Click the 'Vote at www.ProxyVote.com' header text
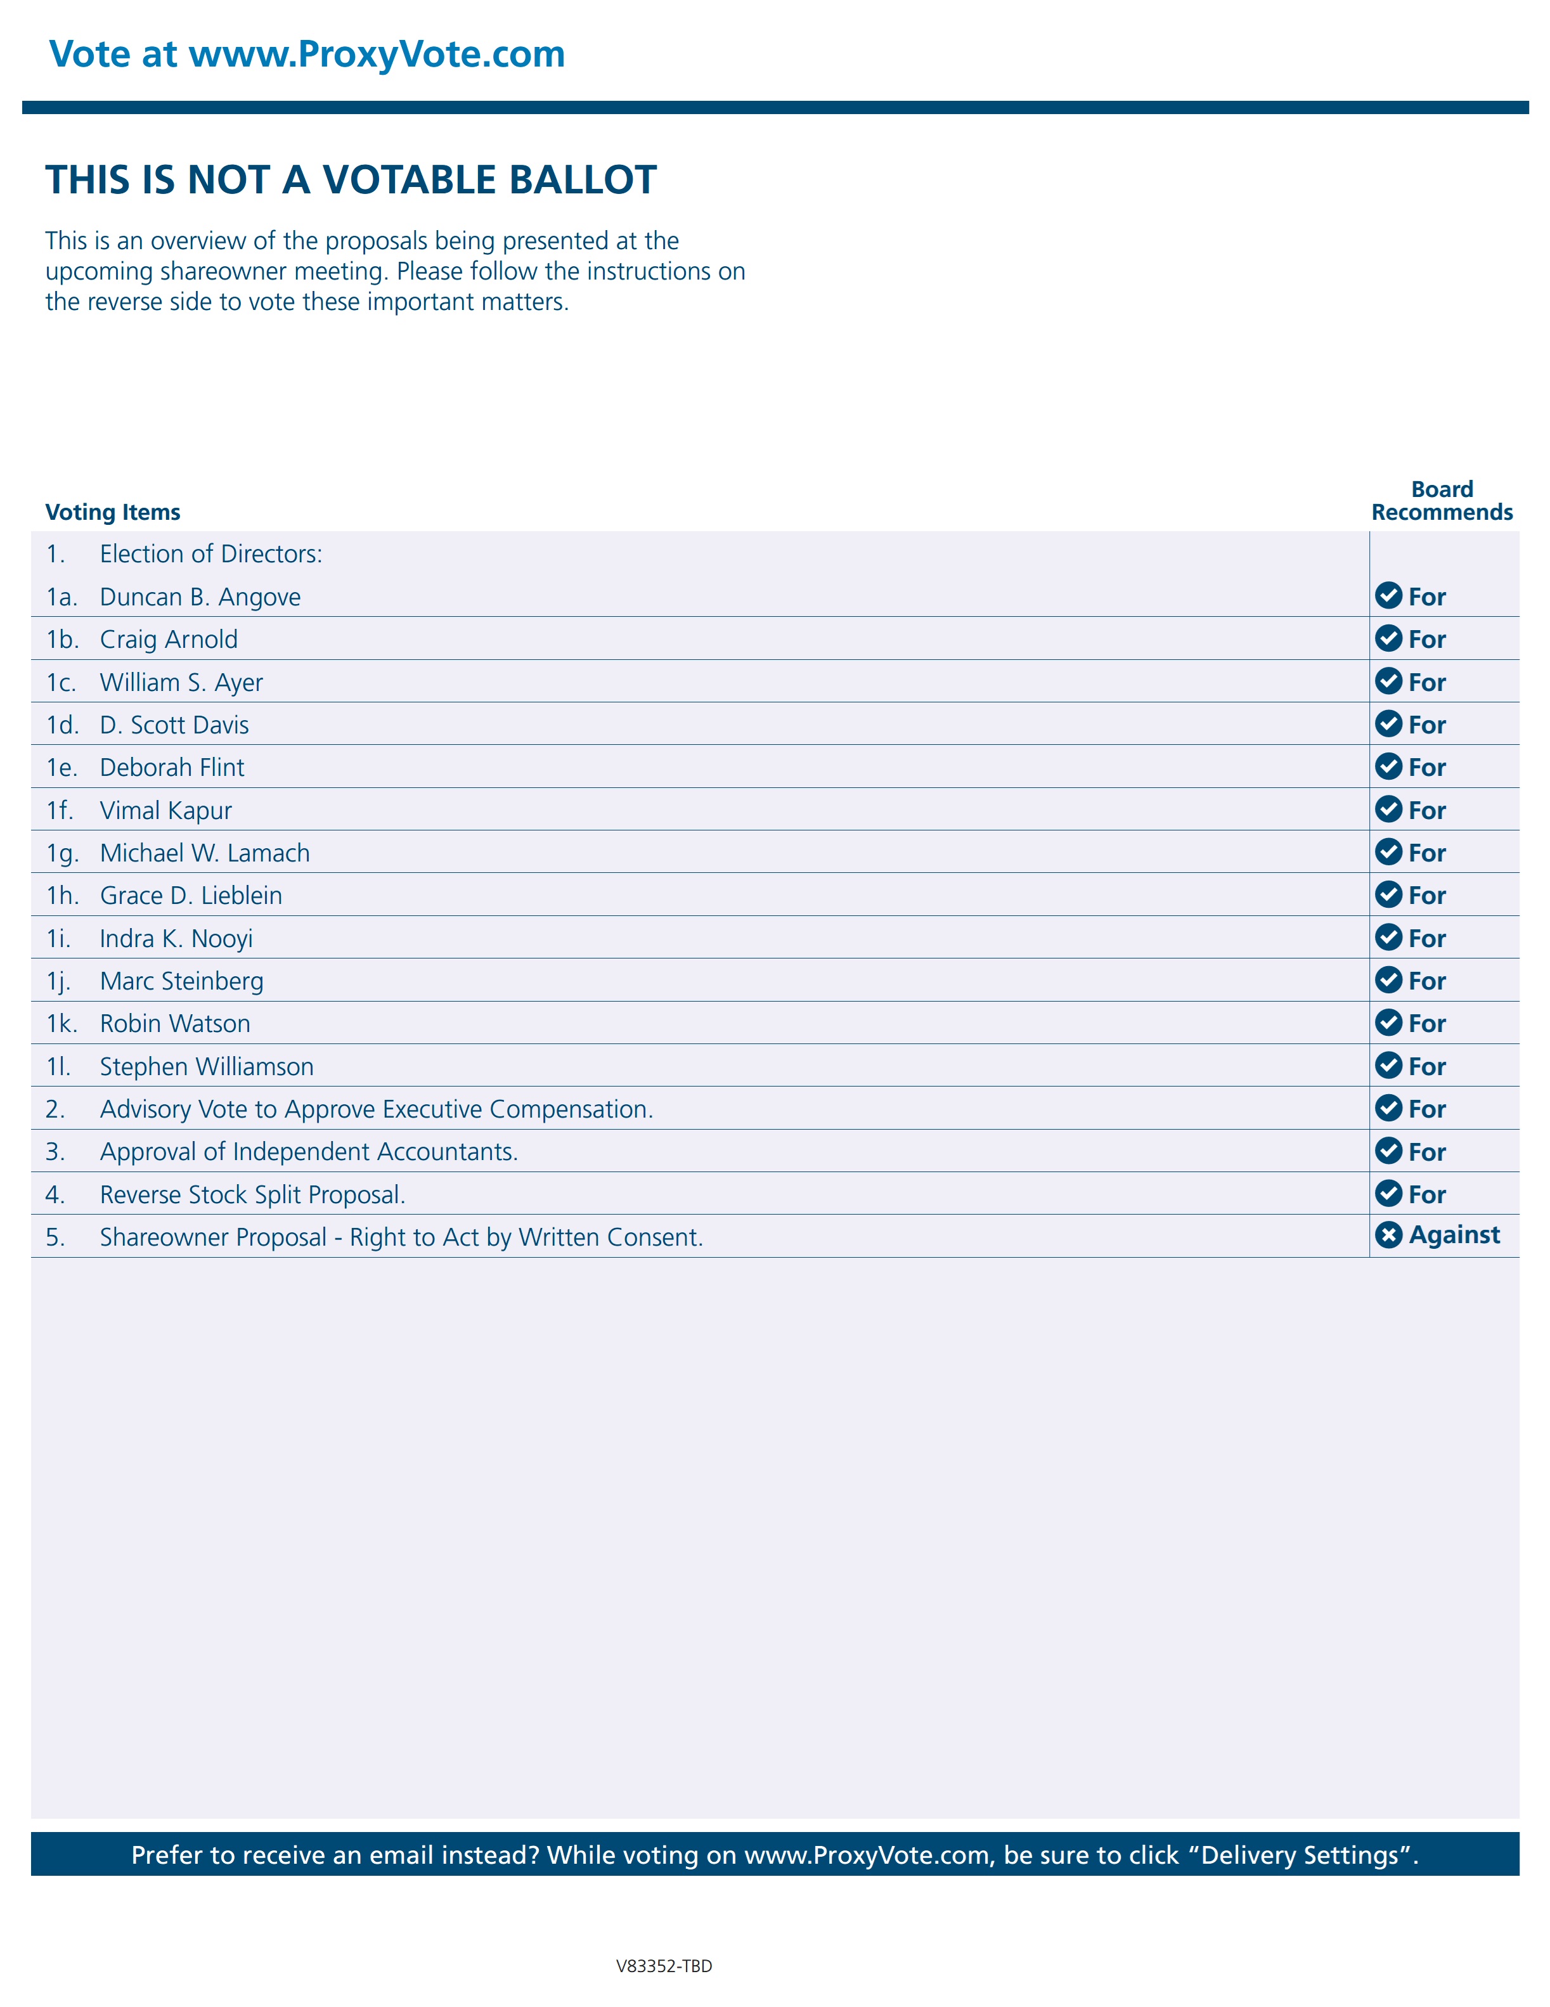click(307, 55)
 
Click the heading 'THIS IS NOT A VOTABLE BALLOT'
click(351, 180)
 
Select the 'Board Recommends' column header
click(1441, 501)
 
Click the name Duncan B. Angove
click(200, 597)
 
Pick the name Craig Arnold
click(169, 640)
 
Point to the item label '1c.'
click(61, 683)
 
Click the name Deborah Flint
click(172, 767)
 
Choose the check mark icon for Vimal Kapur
click(1387, 810)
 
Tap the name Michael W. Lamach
click(205, 853)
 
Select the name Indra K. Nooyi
click(176, 938)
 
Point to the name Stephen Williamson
click(207, 1067)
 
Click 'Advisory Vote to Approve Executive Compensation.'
click(377, 1109)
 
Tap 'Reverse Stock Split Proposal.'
click(253, 1195)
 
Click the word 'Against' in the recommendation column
click(1454, 1235)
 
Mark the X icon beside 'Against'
click(1387, 1235)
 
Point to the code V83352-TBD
click(663, 1966)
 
